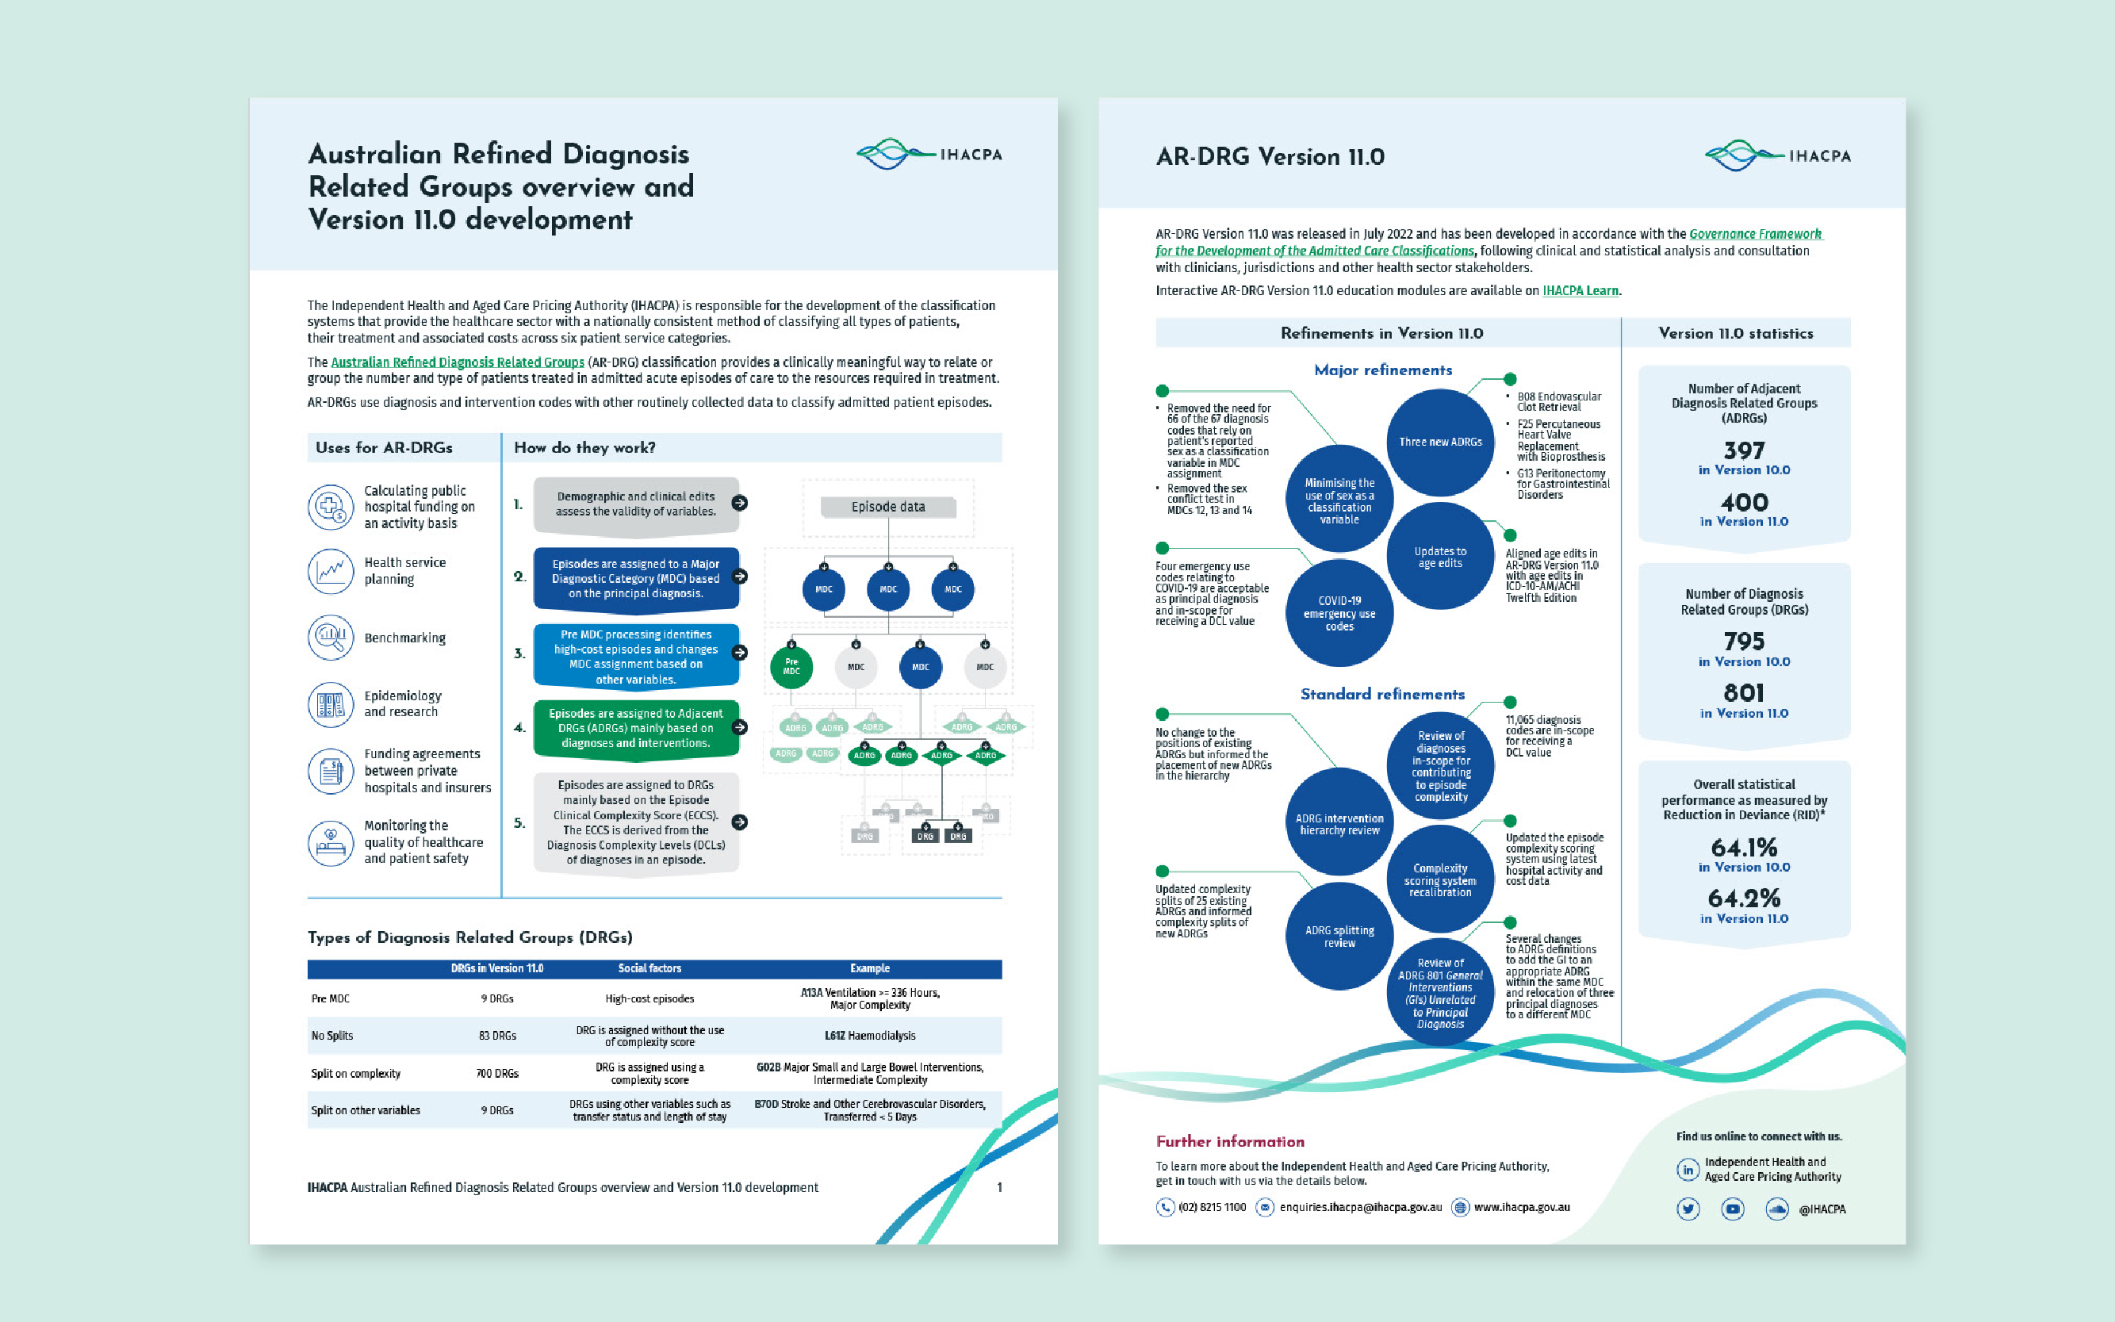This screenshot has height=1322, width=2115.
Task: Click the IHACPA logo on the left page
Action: pos(929,154)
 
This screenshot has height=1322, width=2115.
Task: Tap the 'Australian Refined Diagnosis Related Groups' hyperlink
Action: pos(458,362)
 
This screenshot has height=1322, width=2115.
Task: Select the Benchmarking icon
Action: pos(330,638)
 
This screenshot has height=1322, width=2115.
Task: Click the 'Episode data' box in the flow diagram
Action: pos(887,506)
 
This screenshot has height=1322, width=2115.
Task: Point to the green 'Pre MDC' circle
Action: pos(791,666)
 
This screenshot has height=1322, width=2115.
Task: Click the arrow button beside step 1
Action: pos(740,503)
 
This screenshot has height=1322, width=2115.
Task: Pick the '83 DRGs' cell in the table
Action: pos(496,1035)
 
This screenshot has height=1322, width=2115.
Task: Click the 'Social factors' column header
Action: pos(649,968)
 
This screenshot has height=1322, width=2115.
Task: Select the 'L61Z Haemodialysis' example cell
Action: pos(869,1035)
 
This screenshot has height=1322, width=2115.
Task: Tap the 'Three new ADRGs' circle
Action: pos(1440,442)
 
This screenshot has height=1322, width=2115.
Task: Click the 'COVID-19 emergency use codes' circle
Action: pos(1339,613)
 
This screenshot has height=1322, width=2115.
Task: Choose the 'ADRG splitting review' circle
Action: pos(1339,937)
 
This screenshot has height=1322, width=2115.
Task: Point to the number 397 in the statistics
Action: pos(1743,450)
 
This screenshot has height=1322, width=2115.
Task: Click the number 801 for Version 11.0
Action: pos(1743,692)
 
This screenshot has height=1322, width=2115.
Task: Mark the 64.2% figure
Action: pos(1743,898)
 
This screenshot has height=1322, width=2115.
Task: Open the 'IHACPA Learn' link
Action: pos(1580,290)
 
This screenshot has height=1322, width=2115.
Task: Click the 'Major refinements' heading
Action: pos(1382,370)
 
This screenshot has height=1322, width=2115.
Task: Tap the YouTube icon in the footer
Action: pos(1732,1209)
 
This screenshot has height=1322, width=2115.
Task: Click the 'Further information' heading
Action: pos(1229,1141)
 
